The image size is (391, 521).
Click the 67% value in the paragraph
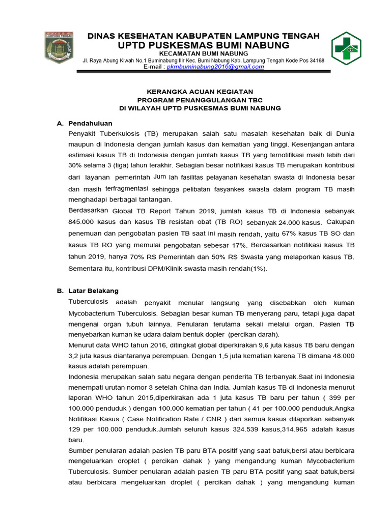tap(289, 234)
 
